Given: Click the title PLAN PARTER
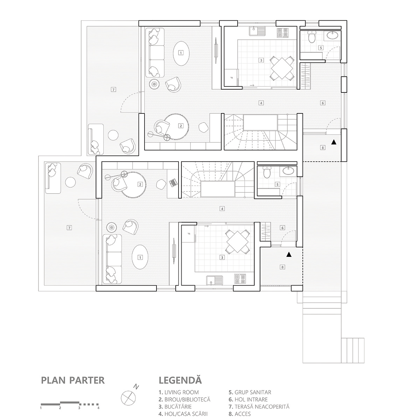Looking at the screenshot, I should coord(73,380).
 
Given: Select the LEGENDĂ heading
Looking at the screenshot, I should coord(180,380).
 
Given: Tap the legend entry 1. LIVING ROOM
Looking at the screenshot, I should coord(178,392).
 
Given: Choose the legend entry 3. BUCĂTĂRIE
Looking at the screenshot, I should coord(175,407).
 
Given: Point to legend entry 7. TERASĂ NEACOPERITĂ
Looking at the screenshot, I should coord(259,407).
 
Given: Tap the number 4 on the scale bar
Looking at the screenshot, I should coord(98,408).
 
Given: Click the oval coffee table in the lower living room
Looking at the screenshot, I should coord(140,257).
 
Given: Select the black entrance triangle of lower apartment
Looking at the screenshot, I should coord(289,255).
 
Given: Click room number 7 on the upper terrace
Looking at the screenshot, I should coord(113,90).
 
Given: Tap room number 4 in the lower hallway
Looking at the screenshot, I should coord(222,209).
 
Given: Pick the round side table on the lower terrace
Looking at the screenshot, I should coord(70,182).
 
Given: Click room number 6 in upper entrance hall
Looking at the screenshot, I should coord(323,103).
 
